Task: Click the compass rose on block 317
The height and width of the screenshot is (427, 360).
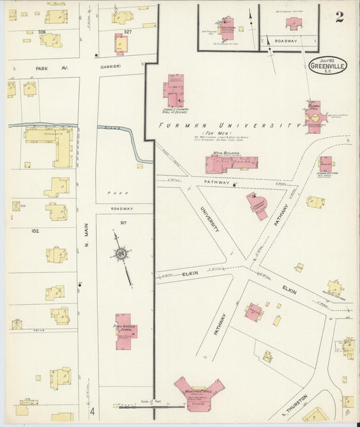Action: tap(121, 255)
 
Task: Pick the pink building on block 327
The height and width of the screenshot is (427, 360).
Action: tap(120, 44)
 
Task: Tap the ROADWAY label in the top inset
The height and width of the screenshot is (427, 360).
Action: tap(287, 41)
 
